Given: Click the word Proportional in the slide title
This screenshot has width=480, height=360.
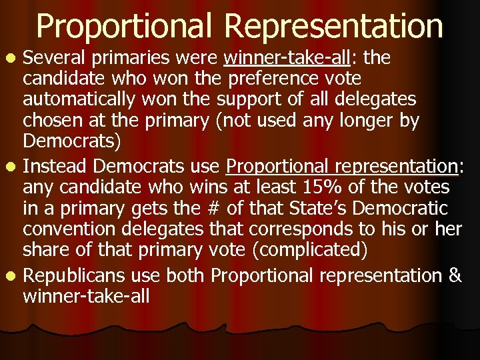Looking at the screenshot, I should pos(126,27).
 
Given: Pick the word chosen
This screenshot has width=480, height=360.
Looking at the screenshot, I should pos(51,121).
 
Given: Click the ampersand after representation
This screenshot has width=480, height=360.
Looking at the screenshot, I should pos(455,275).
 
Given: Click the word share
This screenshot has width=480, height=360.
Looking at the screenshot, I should pos(43,251).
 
